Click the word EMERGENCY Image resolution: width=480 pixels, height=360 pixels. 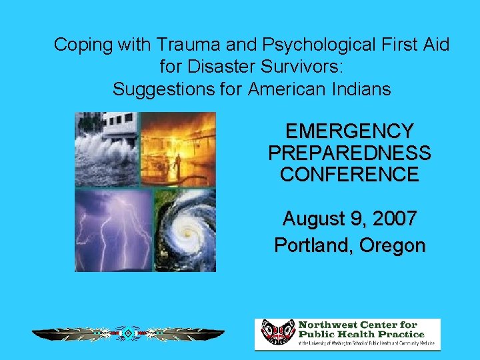[349, 131]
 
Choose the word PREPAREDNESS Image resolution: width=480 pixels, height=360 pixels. [349, 153]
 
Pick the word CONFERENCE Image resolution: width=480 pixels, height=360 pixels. [349, 175]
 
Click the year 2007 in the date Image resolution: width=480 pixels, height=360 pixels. [394, 218]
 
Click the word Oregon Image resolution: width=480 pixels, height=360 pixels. [392, 245]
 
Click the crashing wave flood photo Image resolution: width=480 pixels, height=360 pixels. [106, 149]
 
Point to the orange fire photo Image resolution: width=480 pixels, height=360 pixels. [178, 149]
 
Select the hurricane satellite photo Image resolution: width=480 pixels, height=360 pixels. [185, 229]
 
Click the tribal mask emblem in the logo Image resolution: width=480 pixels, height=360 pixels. [277, 333]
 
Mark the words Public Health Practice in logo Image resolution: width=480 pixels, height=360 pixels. [362, 334]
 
